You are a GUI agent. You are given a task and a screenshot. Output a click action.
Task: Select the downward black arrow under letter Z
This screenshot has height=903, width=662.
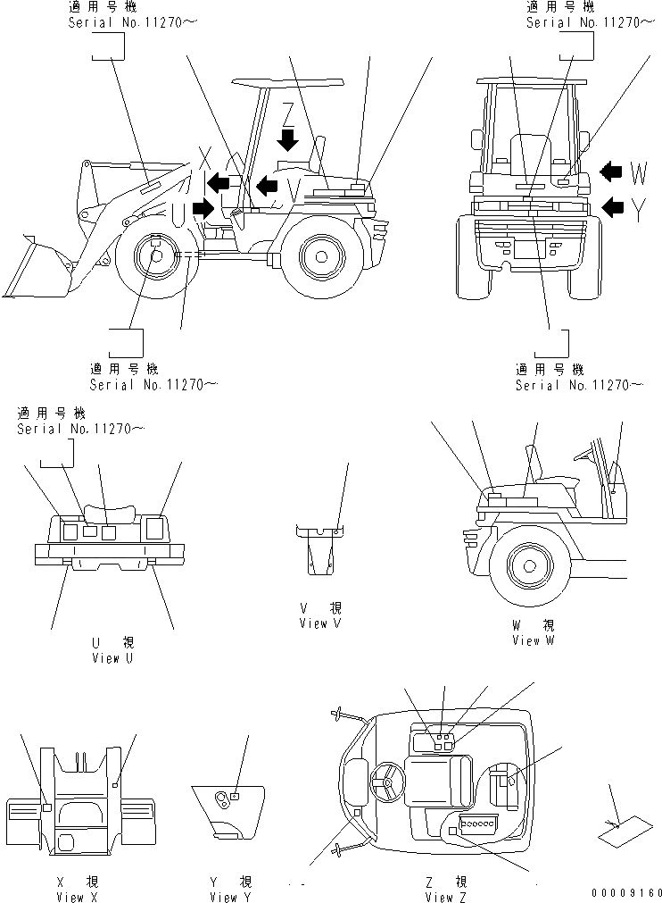point(288,139)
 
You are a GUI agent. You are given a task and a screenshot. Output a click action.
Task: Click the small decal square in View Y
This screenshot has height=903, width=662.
point(234,795)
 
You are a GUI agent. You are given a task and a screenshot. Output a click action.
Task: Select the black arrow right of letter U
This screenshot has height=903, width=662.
point(203,209)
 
